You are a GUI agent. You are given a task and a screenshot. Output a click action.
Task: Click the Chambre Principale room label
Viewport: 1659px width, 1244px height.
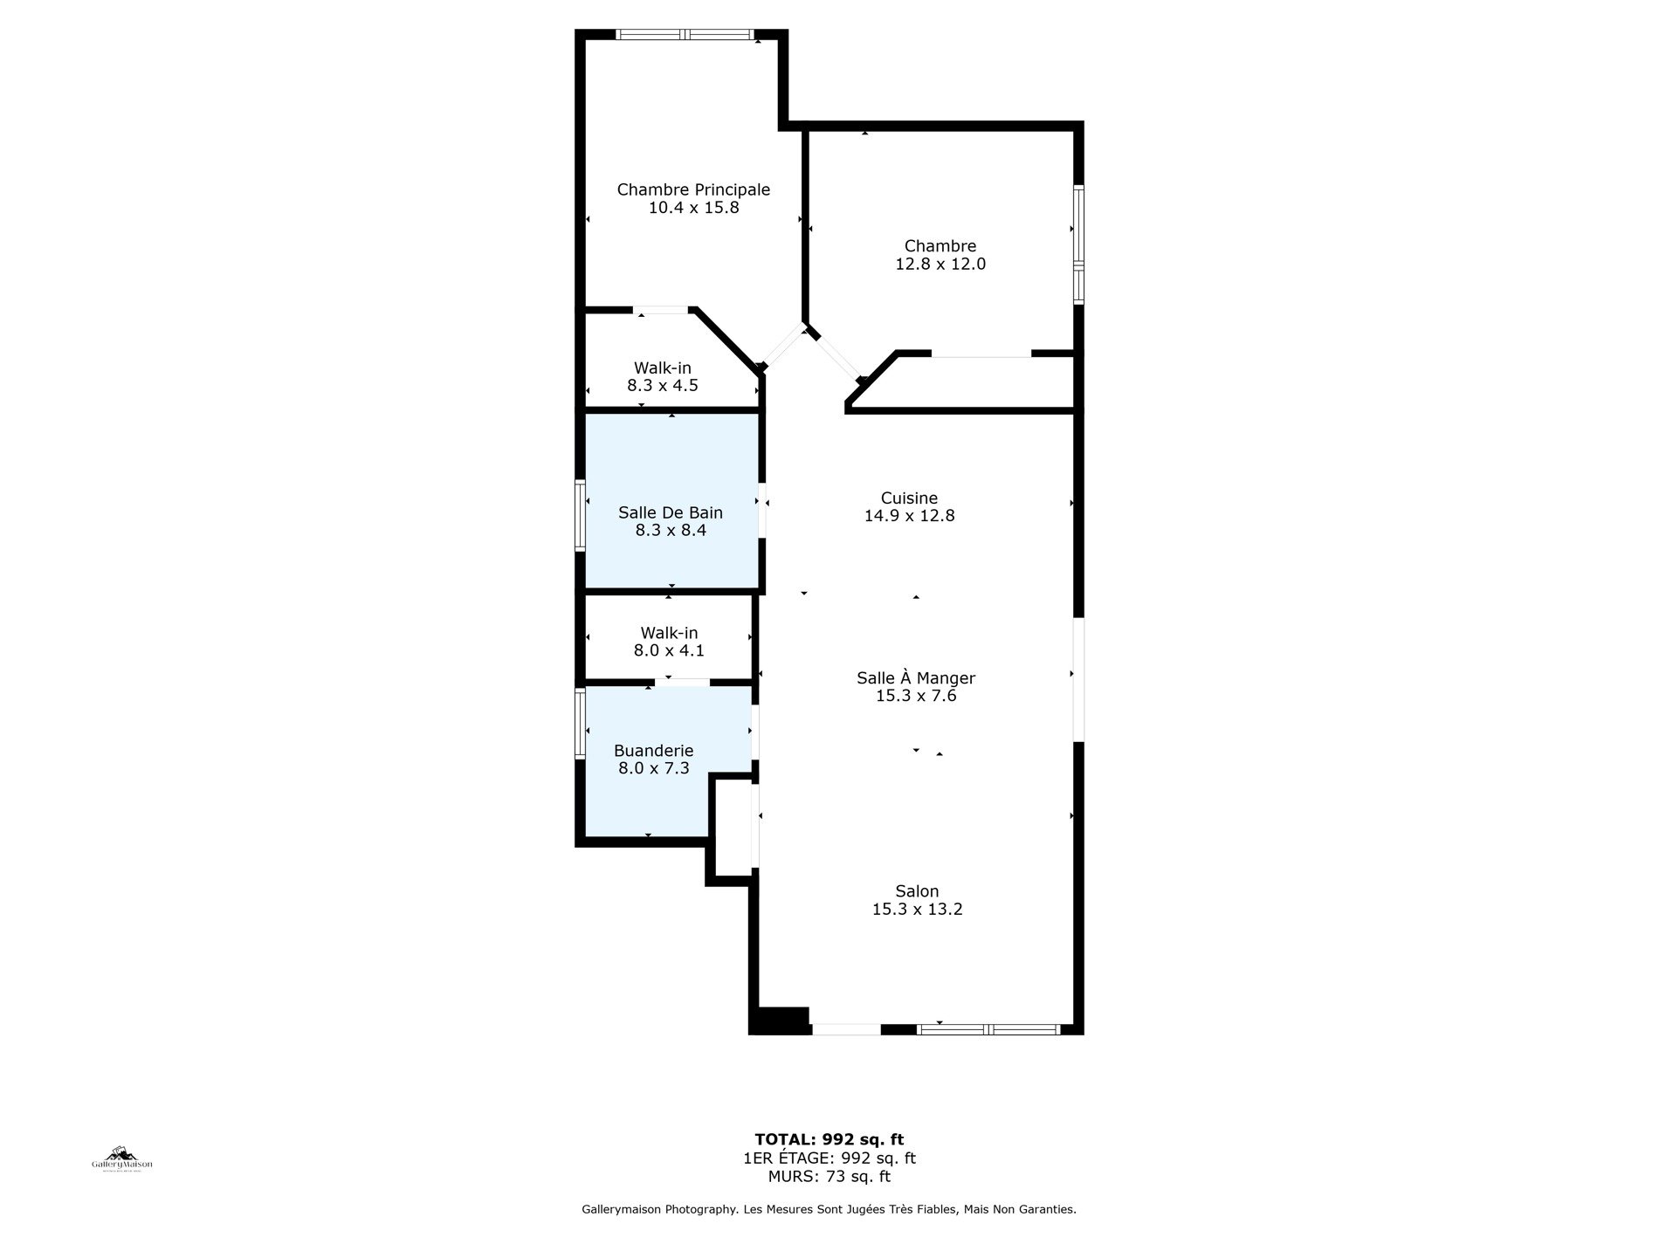pos(693,189)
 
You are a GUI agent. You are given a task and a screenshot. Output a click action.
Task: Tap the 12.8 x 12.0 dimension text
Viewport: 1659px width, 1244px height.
pos(940,264)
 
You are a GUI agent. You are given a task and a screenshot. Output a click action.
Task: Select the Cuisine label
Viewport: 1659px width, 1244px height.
pos(909,498)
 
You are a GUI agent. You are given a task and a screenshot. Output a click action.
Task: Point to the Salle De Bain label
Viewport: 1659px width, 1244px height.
pos(671,512)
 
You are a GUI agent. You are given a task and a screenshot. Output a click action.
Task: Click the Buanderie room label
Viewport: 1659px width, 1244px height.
pos(654,751)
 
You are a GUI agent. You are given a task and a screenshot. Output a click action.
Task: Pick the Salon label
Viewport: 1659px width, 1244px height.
pos(917,891)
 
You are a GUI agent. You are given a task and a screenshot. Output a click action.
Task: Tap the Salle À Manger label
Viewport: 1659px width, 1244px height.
pos(916,677)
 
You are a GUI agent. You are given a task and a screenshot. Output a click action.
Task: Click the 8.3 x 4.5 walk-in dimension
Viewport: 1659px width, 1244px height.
pos(663,385)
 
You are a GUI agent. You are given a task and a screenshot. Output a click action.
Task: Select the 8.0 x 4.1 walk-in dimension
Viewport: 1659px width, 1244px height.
pos(669,650)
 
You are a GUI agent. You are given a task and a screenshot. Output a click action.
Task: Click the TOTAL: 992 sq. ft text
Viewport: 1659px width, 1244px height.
pos(829,1139)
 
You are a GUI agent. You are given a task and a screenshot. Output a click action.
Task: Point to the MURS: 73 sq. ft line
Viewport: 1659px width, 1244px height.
pos(829,1176)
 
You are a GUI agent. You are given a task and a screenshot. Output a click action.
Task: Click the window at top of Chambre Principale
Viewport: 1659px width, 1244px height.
pos(685,35)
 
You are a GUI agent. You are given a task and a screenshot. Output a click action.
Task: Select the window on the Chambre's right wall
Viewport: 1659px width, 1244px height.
pos(1078,244)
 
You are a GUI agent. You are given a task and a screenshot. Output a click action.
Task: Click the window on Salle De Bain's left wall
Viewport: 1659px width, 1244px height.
pos(580,516)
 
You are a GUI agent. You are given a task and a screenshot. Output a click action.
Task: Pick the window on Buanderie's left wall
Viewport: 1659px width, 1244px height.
pos(580,723)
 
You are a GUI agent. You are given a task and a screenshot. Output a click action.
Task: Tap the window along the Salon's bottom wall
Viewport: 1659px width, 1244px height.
pos(988,1029)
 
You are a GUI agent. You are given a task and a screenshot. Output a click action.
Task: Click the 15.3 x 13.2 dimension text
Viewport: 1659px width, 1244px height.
pos(917,910)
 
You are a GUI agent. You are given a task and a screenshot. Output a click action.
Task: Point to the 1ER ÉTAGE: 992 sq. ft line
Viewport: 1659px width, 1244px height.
pos(829,1158)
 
